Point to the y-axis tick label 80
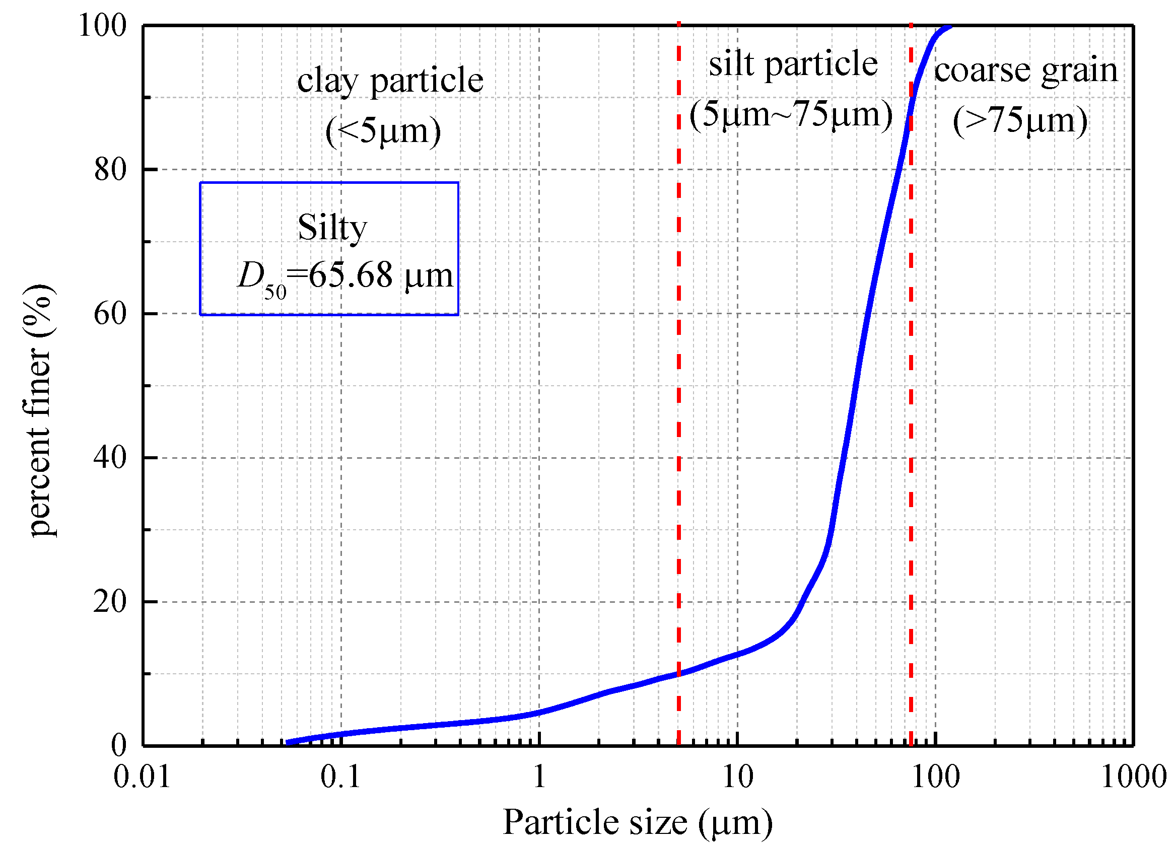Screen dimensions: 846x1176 [110, 170]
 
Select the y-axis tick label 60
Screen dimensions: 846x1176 [110, 314]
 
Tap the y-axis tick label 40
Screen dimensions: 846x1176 [110, 458]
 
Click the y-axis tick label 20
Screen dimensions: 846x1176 [110, 602]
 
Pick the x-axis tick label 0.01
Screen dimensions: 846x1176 [142, 777]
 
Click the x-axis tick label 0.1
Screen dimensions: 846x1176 [340, 777]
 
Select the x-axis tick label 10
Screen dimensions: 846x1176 [737, 777]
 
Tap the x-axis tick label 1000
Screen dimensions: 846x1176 [1134, 777]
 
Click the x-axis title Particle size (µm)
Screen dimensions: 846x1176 [638, 823]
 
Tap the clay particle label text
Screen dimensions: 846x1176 [390, 81]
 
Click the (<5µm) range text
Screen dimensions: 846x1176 [383, 130]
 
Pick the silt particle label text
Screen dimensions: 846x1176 [793, 64]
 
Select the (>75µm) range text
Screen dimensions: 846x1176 [1020, 121]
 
